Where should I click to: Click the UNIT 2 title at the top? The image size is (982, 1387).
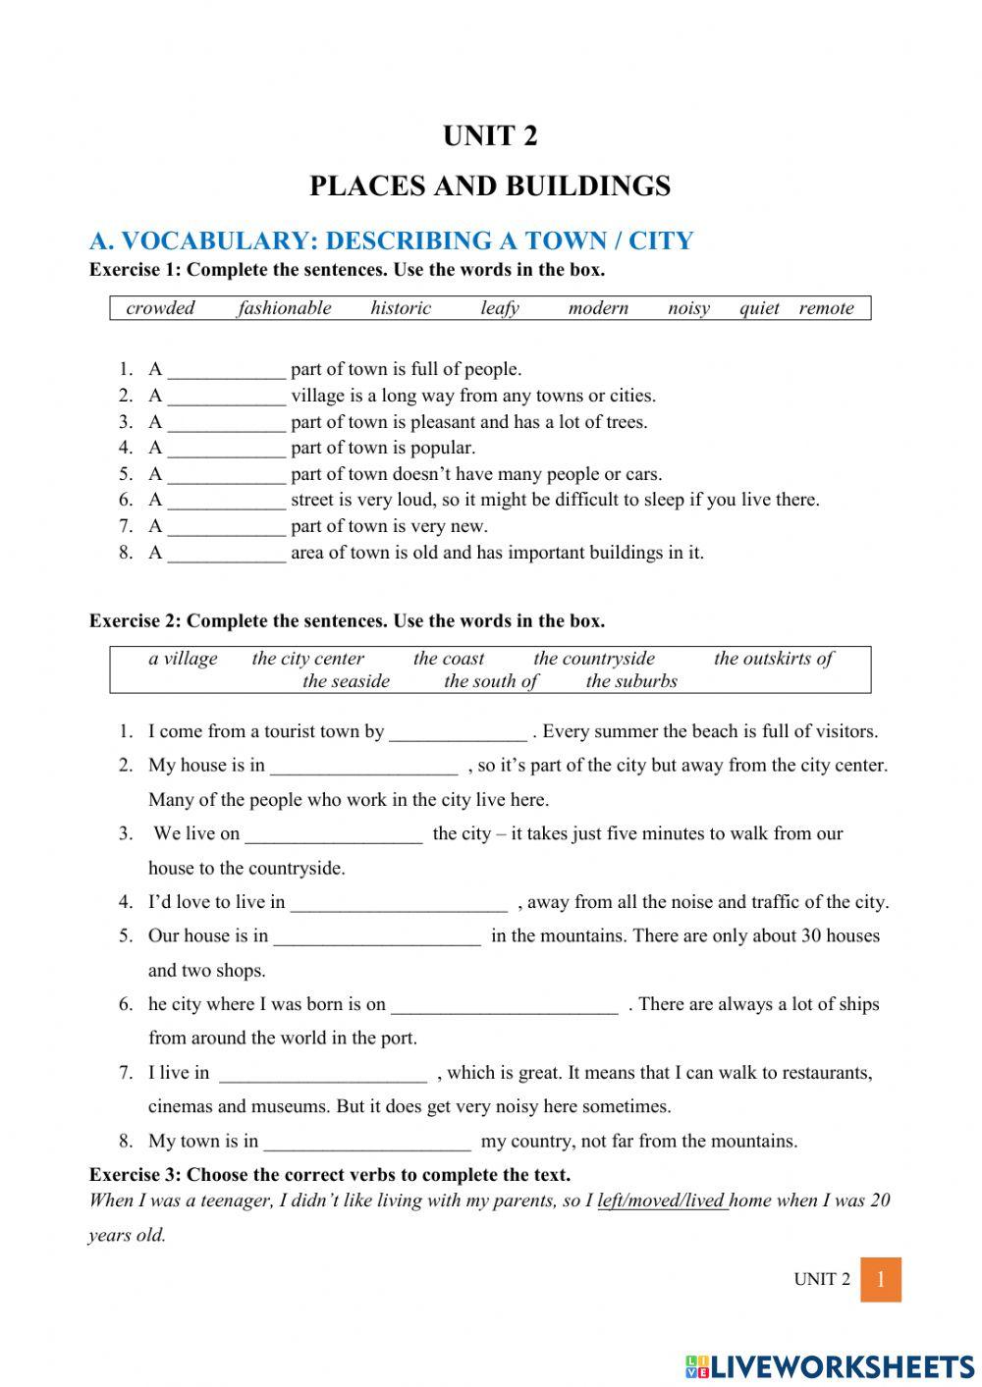[490, 135]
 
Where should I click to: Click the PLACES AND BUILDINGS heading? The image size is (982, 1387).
[490, 186]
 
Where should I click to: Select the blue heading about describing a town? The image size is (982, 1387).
[391, 240]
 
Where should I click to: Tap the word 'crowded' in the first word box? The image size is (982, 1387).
[160, 308]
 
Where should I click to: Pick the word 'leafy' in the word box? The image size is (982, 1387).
[499, 308]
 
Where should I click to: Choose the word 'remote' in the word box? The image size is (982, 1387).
[826, 308]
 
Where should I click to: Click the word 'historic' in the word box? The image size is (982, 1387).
[401, 308]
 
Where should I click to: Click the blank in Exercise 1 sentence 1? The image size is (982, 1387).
[226, 371]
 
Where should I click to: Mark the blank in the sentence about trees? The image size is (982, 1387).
[226, 424]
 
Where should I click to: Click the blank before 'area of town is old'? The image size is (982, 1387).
[226, 555]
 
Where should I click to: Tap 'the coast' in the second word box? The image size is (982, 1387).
[449, 659]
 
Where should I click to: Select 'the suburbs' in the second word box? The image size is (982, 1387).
[631, 681]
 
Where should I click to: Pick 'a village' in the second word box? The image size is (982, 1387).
[183, 659]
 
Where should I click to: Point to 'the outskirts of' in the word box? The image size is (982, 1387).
[773, 659]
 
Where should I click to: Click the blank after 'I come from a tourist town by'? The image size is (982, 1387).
[458, 733]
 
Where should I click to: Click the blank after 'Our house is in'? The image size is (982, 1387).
[377, 937]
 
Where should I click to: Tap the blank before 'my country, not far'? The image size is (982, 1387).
[367, 1143]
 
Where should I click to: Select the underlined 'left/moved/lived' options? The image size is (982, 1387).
[662, 1200]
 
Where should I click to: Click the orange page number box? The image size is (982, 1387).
[880, 1279]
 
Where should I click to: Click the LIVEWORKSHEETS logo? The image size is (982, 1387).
[830, 1365]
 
